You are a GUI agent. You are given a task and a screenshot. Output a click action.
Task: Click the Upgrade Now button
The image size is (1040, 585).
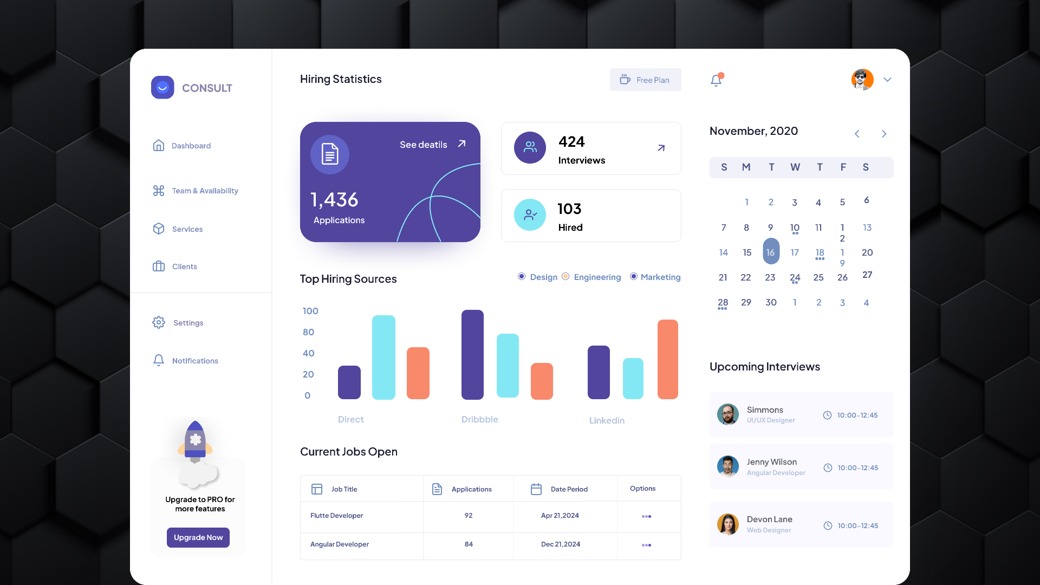(x=198, y=537)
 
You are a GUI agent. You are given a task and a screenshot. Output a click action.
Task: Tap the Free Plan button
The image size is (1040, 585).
(x=645, y=80)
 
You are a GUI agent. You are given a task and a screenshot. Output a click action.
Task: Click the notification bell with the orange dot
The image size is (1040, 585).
(x=716, y=80)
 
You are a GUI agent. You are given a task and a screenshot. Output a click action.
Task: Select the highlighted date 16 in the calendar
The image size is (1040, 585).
(x=770, y=252)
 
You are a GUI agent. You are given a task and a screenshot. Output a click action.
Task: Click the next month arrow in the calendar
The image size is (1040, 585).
(x=884, y=134)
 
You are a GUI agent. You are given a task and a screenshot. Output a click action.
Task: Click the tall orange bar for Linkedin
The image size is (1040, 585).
(x=667, y=359)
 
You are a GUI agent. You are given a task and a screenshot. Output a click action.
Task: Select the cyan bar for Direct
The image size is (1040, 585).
(x=383, y=357)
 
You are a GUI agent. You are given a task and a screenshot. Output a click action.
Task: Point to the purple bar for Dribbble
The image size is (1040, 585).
(x=472, y=355)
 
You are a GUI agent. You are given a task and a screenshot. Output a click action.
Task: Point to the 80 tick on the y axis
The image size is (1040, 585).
(x=309, y=332)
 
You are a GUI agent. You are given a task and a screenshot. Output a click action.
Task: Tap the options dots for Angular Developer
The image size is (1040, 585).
(x=646, y=545)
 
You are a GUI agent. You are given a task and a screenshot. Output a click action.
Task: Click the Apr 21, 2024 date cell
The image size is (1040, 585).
(x=560, y=516)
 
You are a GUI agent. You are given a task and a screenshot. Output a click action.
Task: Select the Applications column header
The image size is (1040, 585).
(x=471, y=489)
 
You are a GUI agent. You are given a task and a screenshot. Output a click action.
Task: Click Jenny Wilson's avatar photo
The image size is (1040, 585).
(x=727, y=466)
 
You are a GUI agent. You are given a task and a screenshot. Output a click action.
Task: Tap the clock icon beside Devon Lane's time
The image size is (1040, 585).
(x=828, y=526)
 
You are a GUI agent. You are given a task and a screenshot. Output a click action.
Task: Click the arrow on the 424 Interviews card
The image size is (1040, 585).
(x=661, y=148)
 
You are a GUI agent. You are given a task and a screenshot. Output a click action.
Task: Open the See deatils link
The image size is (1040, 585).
(x=432, y=145)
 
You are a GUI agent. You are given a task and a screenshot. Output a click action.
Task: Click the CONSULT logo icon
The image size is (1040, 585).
(x=162, y=88)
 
